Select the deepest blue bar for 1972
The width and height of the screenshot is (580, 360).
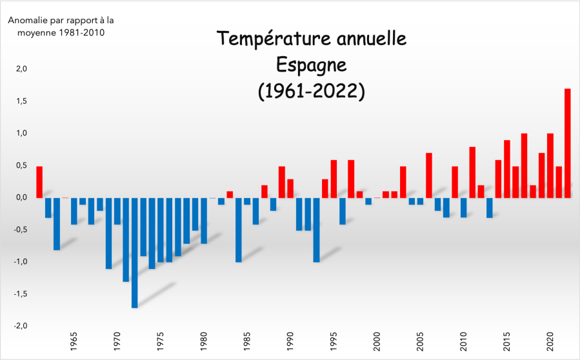134,252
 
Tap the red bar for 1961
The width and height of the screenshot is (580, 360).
39,182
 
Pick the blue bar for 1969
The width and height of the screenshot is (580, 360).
108,233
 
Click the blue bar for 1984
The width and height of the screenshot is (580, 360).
238,230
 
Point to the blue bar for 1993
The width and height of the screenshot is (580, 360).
316,230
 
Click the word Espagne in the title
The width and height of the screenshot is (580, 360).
312,65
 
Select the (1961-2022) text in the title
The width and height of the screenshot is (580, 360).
312,91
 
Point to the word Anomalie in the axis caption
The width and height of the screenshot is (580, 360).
27,19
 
